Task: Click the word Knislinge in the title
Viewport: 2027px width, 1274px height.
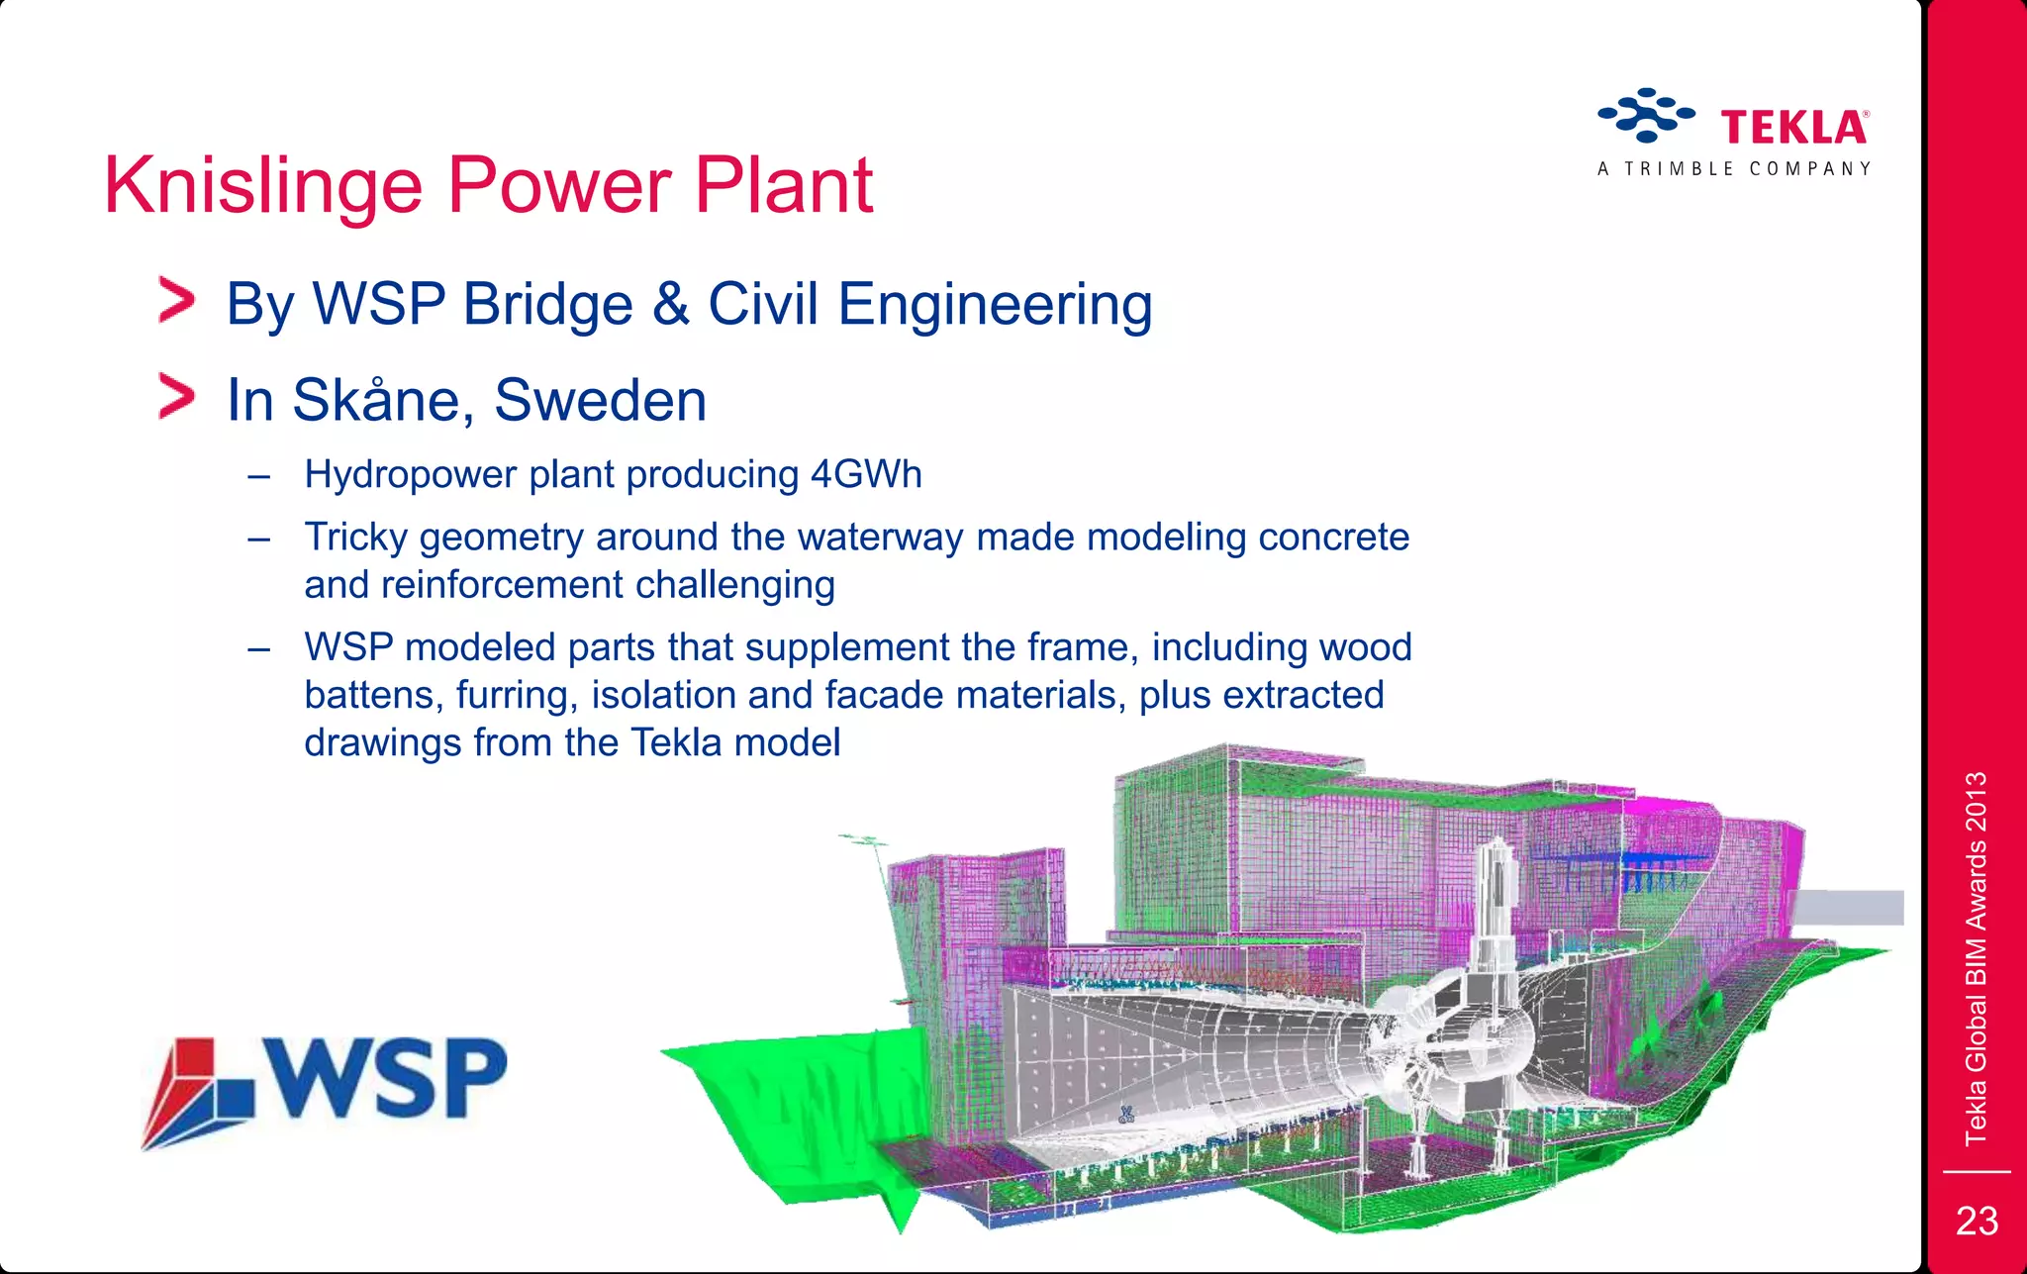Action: tap(263, 186)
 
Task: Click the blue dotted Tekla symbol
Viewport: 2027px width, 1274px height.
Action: tap(1646, 115)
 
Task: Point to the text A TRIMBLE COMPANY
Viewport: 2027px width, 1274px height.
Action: tap(1734, 169)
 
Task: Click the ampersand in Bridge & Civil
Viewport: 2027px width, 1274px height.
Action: tap(670, 305)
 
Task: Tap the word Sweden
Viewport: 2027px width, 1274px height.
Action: tap(600, 401)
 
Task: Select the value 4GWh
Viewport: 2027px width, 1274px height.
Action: tap(866, 475)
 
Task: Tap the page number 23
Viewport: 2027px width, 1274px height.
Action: tap(1977, 1222)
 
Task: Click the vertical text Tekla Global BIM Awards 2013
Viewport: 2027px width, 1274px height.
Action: tap(1976, 958)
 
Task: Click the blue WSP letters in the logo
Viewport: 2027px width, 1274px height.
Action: tap(388, 1078)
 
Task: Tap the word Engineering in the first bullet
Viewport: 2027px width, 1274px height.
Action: tap(995, 305)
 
